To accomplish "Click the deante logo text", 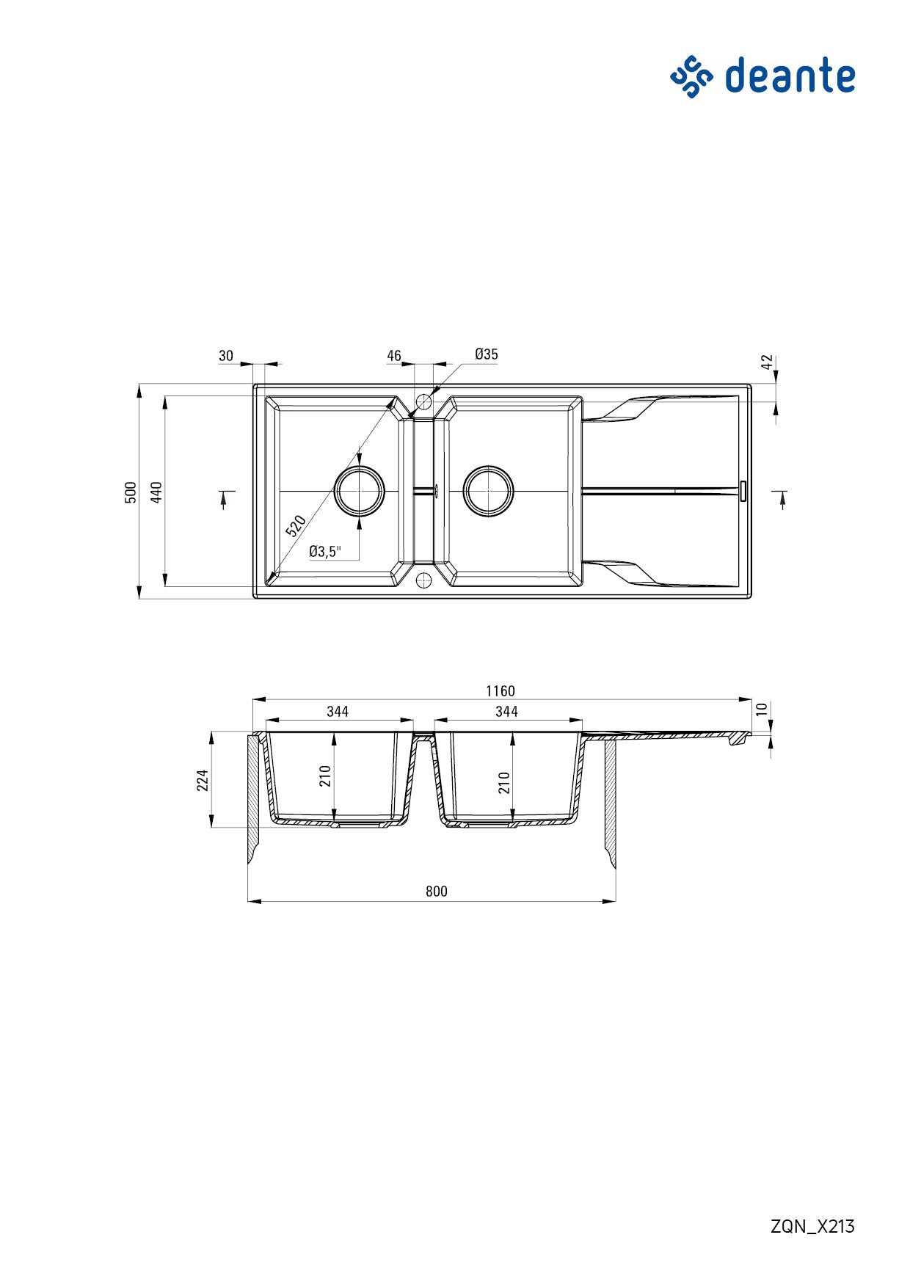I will pyautogui.click(x=790, y=76).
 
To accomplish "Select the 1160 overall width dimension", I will pyautogui.click(x=500, y=691).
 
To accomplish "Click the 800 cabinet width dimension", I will pyautogui.click(x=436, y=892).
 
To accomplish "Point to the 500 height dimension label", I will pyautogui.click(x=131, y=492).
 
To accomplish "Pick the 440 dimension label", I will pyautogui.click(x=156, y=492).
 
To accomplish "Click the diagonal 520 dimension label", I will pyautogui.click(x=296, y=526).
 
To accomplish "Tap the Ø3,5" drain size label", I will pyautogui.click(x=324, y=552).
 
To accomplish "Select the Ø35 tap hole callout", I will pyautogui.click(x=486, y=354).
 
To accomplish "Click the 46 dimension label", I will pyautogui.click(x=394, y=356).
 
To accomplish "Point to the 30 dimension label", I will pyautogui.click(x=226, y=356).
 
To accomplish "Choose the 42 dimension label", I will pyautogui.click(x=767, y=362).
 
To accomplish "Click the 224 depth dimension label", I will pyautogui.click(x=203, y=780).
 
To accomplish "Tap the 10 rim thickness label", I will pyautogui.click(x=762, y=710).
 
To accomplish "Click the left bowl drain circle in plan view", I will pyautogui.click(x=359, y=491).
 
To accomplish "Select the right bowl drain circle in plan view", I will pyautogui.click(x=488, y=491).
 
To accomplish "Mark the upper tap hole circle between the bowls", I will pyautogui.click(x=423, y=401).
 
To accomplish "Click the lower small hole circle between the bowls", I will pyautogui.click(x=423, y=581).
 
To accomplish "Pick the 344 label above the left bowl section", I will pyautogui.click(x=338, y=712).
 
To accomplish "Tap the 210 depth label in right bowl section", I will pyautogui.click(x=504, y=782).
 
